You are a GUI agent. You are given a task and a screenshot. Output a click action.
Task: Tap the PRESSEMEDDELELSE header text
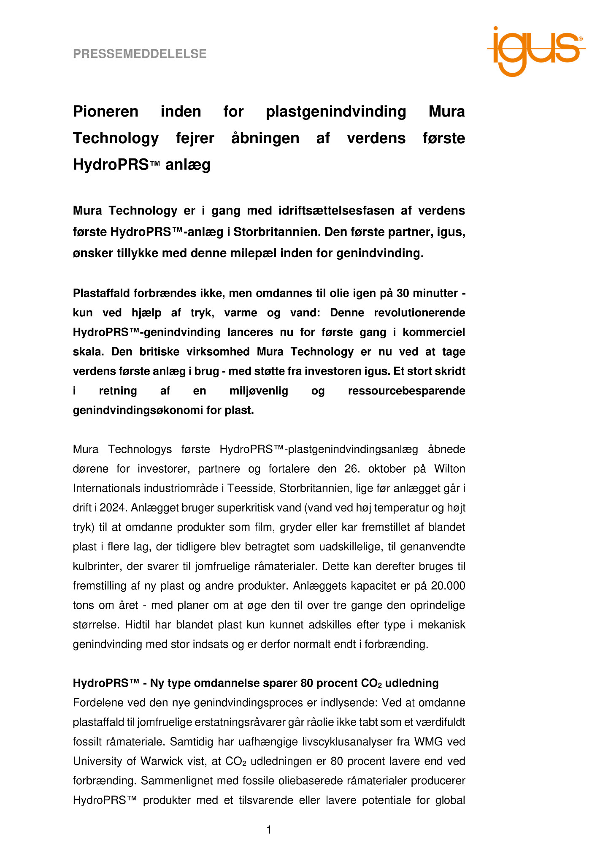tap(140, 54)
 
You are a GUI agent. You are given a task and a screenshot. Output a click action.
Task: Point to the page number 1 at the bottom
tap(269, 830)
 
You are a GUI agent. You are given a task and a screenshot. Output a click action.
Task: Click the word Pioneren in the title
tap(105, 112)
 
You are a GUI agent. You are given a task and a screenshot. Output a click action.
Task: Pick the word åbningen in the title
tap(265, 138)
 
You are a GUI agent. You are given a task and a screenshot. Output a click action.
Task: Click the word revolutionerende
tap(397, 313)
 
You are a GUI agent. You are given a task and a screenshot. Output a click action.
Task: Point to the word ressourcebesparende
tap(406, 391)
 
